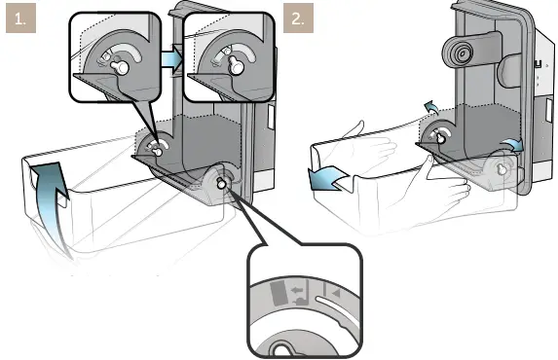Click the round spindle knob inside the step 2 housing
458,52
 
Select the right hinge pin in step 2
503,169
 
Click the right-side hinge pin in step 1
223,182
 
